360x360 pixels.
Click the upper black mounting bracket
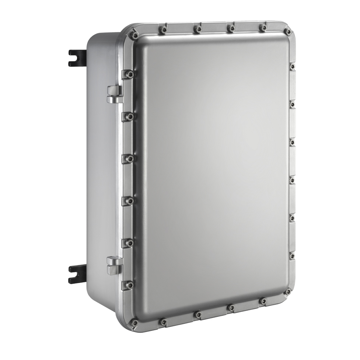(x=77, y=58)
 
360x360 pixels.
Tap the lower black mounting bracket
(x=77, y=274)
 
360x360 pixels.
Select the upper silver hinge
(x=115, y=94)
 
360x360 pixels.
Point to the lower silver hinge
(x=114, y=265)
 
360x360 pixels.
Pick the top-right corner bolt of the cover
(x=288, y=32)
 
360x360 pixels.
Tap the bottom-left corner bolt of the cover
(x=134, y=323)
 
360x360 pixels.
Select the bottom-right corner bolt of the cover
(x=287, y=292)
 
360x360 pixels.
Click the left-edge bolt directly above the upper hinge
(x=129, y=74)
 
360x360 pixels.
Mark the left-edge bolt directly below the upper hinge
(x=129, y=117)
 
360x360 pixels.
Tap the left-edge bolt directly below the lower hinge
(x=129, y=285)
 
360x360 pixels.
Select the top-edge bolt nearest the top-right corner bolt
(x=263, y=28)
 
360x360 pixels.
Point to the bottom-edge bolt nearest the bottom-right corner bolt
(x=263, y=301)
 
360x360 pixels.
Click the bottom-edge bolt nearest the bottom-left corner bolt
(x=162, y=322)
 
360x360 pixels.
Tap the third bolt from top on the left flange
(x=129, y=159)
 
